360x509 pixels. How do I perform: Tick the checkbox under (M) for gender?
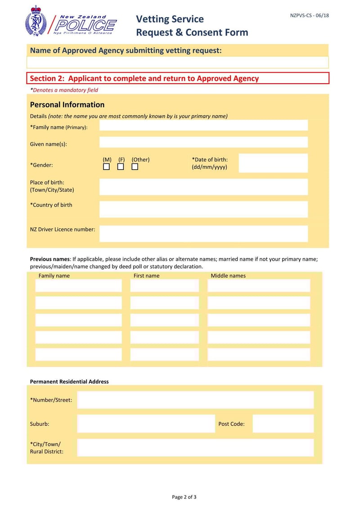click(107, 167)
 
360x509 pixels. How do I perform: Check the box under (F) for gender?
click(121, 167)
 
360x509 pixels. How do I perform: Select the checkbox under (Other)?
click(135, 167)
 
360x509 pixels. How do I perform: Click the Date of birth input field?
click(273, 163)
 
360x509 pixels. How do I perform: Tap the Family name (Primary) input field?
click(203, 126)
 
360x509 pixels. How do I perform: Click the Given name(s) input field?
click(203, 143)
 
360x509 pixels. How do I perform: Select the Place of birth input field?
click(203, 186)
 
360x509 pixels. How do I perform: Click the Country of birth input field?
click(203, 209)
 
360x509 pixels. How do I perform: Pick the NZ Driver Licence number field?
click(203, 234)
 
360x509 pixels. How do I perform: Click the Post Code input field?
click(283, 423)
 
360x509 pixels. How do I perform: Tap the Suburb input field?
click(146, 423)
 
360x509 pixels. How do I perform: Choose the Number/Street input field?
click(195, 400)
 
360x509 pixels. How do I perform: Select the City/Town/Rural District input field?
click(195, 447)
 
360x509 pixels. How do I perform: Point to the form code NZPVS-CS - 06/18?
click(310, 15)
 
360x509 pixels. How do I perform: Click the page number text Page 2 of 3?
click(184, 497)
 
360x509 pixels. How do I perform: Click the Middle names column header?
click(228, 276)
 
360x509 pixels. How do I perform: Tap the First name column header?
click(146, 276)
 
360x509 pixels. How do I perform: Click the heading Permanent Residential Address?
click(69, 382)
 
